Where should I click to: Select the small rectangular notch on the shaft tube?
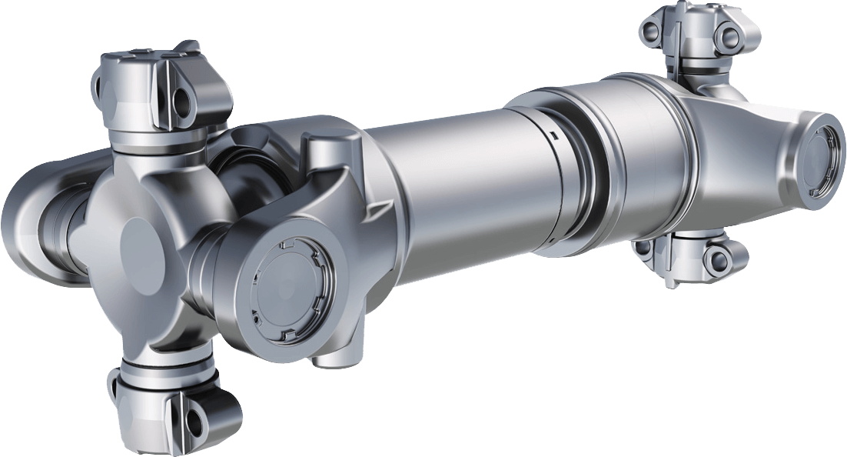(552, 135)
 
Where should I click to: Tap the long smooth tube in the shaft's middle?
(461, 185)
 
